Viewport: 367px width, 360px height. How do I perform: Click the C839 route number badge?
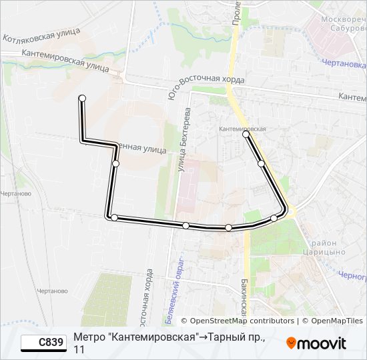click(43, 343)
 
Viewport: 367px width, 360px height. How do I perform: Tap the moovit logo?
click(316, 343)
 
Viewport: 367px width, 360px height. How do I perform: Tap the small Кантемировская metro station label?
click(243, 128)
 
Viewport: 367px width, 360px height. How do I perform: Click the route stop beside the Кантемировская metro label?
click(246, 135)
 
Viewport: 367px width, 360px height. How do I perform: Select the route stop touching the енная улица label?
click(115, 163)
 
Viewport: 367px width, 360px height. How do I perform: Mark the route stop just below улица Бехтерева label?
click(186, 226)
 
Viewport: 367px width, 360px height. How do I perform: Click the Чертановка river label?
click(347, 65)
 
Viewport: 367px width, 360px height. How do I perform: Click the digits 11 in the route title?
click(79, 349)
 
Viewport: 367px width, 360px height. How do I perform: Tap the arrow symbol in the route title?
click(203, 337)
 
